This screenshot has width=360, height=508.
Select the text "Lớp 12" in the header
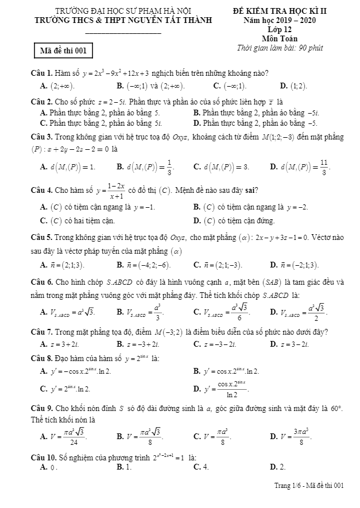tap(280, 29)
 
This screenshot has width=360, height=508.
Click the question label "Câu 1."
tap(42, 73)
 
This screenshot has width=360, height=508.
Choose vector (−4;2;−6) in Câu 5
tap(144, 265)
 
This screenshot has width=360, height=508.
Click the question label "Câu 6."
tap(42, 282)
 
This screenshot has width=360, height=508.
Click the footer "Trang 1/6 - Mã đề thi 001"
tap(309, 486)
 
